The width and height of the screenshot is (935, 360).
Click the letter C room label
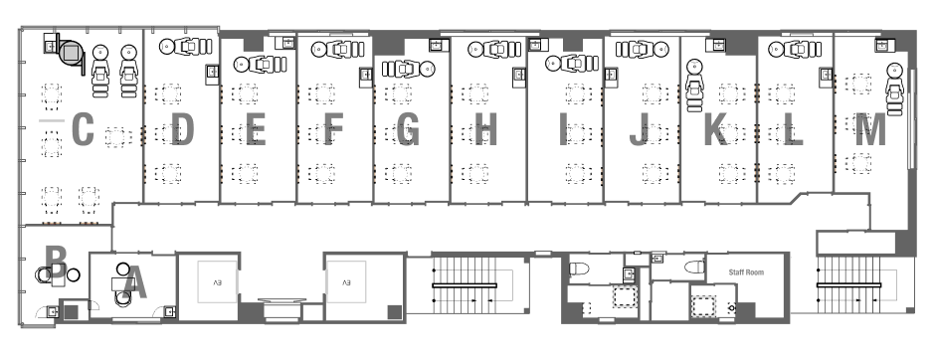pyautogui.click(x=83, y=130)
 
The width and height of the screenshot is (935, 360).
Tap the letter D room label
pyautogui.click(x=182, y=130)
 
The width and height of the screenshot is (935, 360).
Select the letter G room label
pyautogui.click(x=407, y=130)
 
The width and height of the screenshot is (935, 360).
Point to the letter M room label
pyautogui.click(x=870, y=130)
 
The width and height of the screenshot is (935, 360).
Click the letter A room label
pyautogui.click(x=135, y=281)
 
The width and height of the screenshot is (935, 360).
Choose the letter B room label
pyautogui.click(x=56, y=263)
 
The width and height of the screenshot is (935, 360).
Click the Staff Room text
pyautogui.click(x=746, y=272)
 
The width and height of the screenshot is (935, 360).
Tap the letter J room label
pyautogui.click(x=639, y=130)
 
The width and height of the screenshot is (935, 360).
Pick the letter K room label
pyautogui.click(x=716, y=130)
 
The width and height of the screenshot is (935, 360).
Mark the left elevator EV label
pyautogui.click(x=217, y=281)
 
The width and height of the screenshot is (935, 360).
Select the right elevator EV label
pyautogui.click(x=346, y=281)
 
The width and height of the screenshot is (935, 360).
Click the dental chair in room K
pyautogui.click(x=694, y=86)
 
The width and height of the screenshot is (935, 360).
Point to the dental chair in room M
pyautogui.click(x=894, y=89)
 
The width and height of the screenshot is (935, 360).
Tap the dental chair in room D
pyautogui.click(x=186, y=46)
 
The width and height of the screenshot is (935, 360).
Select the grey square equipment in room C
pyautogui.click(x=71, y=54)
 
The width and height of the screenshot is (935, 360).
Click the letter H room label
pyautogui.click(x=486, y=130)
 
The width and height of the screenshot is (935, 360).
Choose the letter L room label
pyautogui.click(x=793, y=130)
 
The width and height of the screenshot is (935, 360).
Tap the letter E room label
pyautogui.click(x=256, y=130)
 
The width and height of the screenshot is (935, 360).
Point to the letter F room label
pyautogui.click(x=333, y=130)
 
